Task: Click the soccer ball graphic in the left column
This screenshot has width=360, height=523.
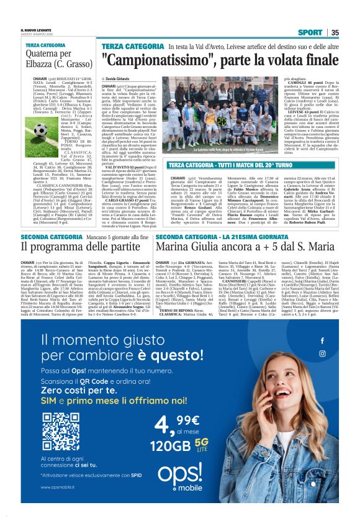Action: pos(42,130)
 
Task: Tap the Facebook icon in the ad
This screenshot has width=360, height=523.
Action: pos(322,341)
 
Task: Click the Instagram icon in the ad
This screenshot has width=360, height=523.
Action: pos(322,353)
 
